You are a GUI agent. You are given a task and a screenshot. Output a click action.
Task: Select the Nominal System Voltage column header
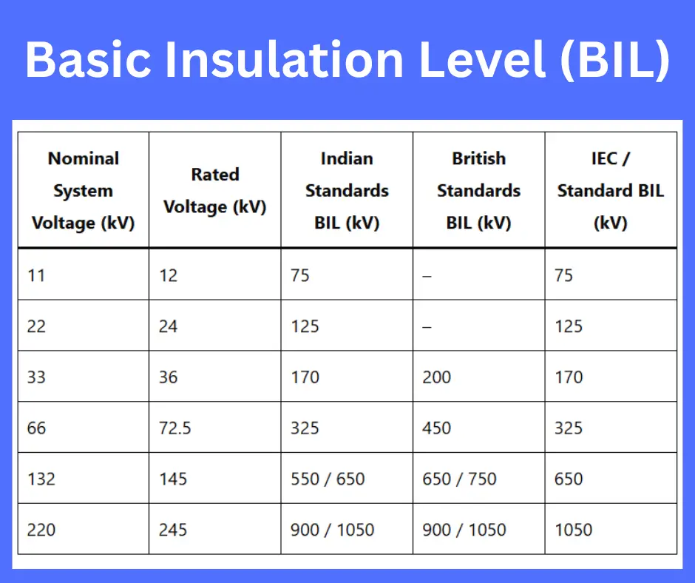83,191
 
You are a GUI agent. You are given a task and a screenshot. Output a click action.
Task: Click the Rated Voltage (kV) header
214,191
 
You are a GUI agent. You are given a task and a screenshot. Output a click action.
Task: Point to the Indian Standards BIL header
347,191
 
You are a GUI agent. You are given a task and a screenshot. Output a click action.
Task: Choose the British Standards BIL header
478,191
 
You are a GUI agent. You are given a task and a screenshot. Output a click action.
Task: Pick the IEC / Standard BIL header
611,191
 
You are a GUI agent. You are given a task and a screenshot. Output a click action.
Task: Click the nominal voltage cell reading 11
36,275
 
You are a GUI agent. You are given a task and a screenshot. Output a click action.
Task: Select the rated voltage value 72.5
175,428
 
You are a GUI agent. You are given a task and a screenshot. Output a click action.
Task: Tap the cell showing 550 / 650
328,479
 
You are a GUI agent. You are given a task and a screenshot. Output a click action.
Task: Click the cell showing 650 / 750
459,479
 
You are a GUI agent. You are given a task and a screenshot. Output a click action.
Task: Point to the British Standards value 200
437,377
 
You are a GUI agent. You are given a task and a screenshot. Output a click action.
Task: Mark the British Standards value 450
437,428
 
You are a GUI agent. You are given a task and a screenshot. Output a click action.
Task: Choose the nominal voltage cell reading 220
41,530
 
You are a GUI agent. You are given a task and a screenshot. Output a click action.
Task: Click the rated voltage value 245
173,530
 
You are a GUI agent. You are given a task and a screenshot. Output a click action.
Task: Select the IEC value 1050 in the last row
573,530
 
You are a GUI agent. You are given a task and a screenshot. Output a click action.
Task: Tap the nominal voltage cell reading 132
41,479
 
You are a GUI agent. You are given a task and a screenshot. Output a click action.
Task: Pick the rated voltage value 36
169,377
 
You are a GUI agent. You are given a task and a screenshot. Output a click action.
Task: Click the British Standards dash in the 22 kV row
427,326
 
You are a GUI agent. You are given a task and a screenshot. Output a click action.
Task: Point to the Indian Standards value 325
305,428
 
